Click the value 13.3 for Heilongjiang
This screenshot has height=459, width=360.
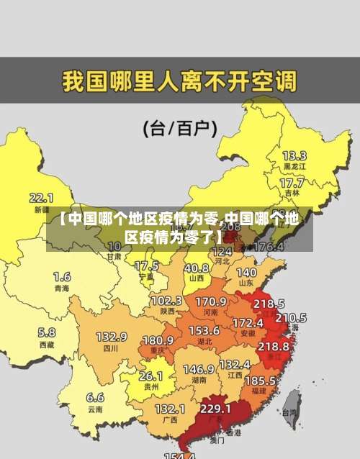coord(294,155)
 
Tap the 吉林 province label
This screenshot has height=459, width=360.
coord(292,193)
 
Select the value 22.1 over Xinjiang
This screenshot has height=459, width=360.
coord(41,197)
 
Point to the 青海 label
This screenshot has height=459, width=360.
coord(62,288)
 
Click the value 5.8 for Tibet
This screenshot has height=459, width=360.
coord(46,332)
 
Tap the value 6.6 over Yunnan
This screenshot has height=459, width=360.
coord(95,397)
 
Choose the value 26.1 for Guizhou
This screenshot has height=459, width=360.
coord(150,376)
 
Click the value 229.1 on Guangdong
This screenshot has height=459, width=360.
coord(215,408)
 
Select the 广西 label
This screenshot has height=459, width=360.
coord(170,419)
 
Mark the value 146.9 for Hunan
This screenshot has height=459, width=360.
coord(198,369)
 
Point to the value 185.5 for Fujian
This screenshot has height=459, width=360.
coord(260,379)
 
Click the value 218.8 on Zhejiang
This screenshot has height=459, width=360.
coord(273,346)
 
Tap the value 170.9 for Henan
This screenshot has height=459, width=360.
coord(211,301)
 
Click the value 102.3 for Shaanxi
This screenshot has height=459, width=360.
coord(166,300)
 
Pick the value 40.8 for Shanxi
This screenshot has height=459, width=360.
coord(196,267)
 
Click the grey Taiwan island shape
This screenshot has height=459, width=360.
coord(291,403)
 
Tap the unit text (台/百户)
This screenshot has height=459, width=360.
coord(180,128)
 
